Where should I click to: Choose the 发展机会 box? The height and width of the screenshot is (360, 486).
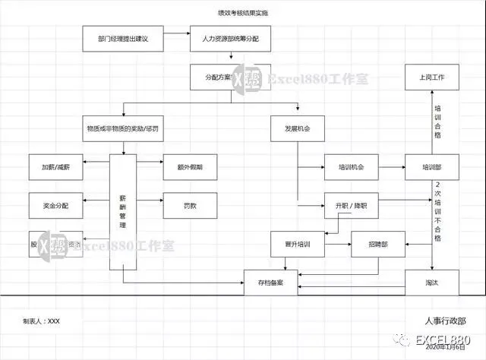(x=297, y=128)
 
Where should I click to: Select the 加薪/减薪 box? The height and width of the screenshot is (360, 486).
(x=54, y=166)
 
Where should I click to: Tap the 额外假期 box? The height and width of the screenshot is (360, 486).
(x=190, y=166)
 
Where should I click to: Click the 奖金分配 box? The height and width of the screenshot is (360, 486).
(x=54, y=205)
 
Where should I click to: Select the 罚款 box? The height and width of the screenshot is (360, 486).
(x=190, y=205)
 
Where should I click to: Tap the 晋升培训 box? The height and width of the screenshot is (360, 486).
(x=297, y=245)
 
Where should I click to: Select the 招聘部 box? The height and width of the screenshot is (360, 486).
(x=377, y=245)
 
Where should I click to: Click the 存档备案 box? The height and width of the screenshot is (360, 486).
(x=270, y=283)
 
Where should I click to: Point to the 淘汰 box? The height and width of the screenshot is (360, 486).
(x=432, y=283)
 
